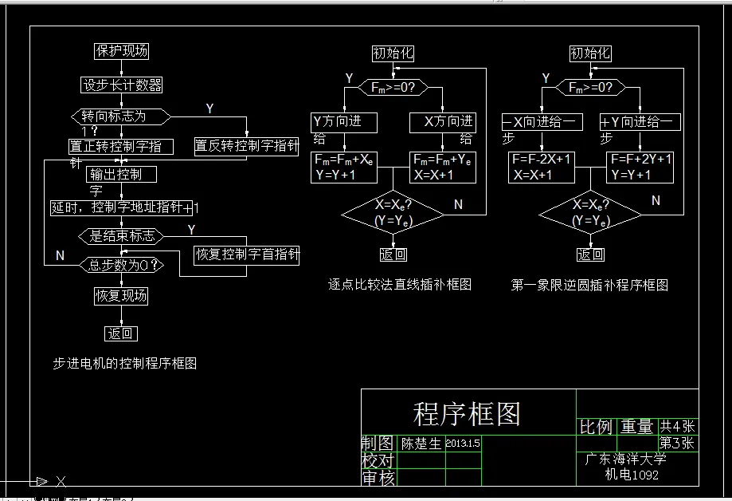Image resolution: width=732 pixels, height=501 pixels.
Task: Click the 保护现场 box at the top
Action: pyautogui.click(x=121, y=51)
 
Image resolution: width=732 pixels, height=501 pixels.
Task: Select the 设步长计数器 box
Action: pyautogui.click(x=122, y=85)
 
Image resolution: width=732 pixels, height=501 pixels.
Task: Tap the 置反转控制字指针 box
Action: pyautogui.click(x=246, y=145)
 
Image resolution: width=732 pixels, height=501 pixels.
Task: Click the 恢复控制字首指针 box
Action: pyautogui.click(x=247, y=254)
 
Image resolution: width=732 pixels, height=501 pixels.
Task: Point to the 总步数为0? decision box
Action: pyautogui.click(x=121, y=265)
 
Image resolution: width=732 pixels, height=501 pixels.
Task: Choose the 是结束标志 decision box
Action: pyautogui.click(x=121, y=236)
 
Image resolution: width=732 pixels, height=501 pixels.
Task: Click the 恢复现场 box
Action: pyautogui.click(x=121, y=295)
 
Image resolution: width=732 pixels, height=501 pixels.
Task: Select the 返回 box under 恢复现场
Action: pyautogui.click(x=121, y=333)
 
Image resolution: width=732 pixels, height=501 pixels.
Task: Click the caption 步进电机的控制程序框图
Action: pyautogui.click(x=124, y=363)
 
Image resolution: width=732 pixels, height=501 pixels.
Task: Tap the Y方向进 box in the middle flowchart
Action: pyautogui.click(x=343, y=122)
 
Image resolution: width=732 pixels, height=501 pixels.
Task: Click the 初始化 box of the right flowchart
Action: pyautogui.click(x=590, y=53)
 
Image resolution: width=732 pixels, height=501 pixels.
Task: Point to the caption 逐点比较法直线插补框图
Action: pyautogui.click(x=400, y=284)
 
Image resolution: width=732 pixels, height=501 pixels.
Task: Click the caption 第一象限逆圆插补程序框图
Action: pyautogui.click(x=589, y=285)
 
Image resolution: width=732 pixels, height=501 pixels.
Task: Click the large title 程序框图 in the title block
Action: pyautogui.click(x=467, y=413)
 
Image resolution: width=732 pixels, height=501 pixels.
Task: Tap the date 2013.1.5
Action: pyautogui.click(x=463, y=443)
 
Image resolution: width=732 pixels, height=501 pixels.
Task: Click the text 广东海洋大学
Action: pyautogui.click(x=626, y=460)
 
